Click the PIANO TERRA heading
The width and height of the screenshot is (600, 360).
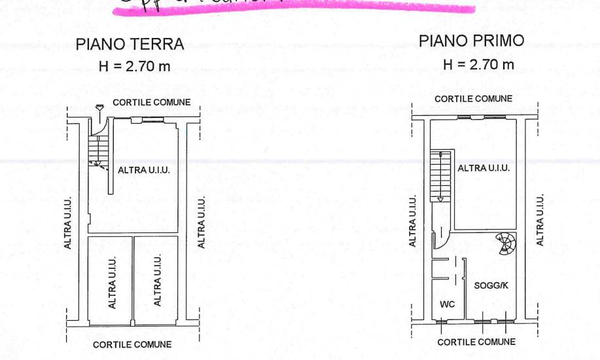pos(130,45)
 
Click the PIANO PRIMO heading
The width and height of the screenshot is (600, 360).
pos(471,41)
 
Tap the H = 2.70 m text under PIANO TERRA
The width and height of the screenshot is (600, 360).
pos(135,66)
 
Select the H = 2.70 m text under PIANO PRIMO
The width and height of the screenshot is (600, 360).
pos(478,64)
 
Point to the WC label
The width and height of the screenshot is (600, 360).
pos(447,304)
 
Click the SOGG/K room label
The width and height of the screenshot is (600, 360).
pos(491,285)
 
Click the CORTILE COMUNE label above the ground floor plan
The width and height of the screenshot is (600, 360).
pos(152,102)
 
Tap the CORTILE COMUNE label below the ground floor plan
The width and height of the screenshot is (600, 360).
pos(132,344)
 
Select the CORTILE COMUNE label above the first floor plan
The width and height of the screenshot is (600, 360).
pos(474,99)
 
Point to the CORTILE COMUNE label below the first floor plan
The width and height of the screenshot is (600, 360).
pos(476,342)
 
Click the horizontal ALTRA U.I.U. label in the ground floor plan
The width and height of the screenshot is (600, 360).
pos(144,170)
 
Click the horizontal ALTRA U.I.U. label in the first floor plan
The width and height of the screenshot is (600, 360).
pos(484,168)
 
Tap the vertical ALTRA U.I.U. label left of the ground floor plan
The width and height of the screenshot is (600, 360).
pos(68,223)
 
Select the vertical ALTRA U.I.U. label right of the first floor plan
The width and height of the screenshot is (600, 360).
pos(540,221)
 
